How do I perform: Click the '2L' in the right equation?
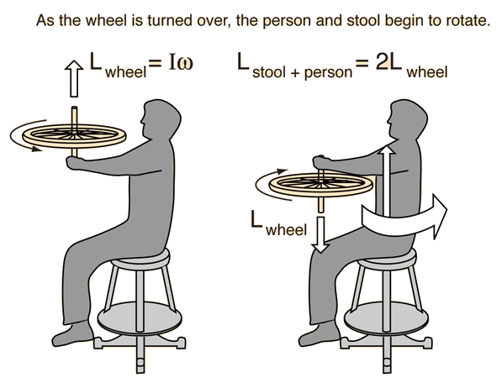pos(388,61)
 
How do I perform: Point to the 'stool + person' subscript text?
pos(302,72)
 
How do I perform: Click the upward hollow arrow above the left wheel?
pos(74,78)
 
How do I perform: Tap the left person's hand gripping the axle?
pos(74,163)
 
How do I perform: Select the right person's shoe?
pos(319,333)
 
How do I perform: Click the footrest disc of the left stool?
pos(140,318)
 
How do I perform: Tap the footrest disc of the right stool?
pos(386,318)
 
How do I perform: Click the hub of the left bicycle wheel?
pos(74,134)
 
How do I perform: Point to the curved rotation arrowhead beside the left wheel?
pos(36,149)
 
